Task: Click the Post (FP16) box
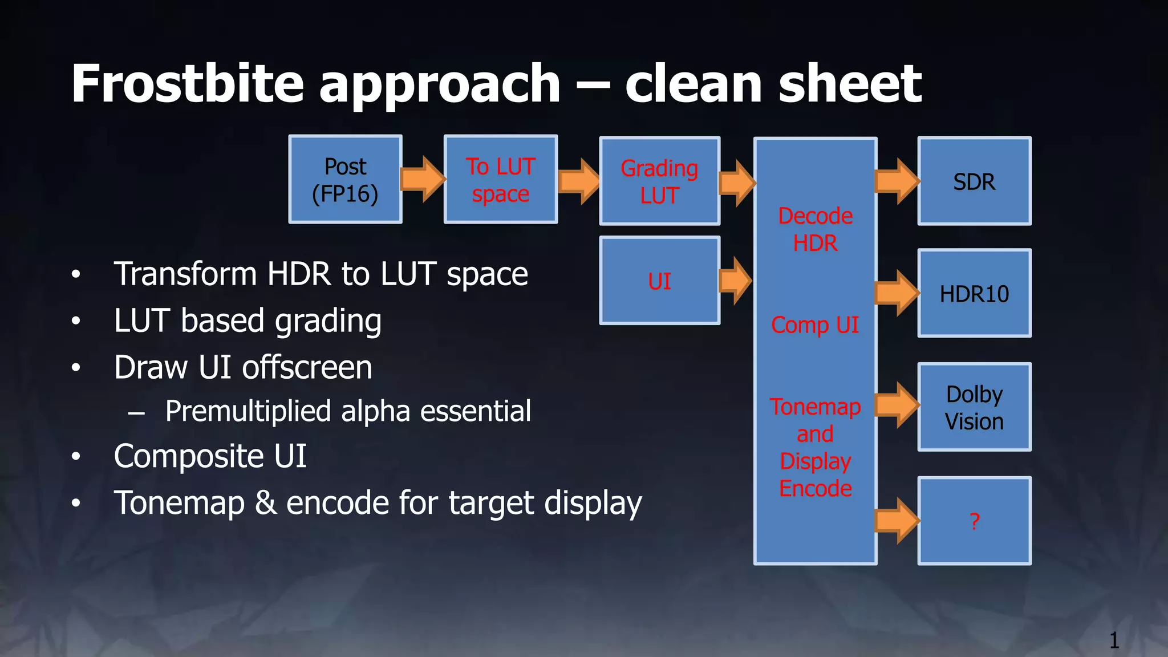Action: click(345, 180)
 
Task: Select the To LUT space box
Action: click(500, 180)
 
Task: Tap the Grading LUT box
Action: click(659, 181)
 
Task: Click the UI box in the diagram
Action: click(659, 281)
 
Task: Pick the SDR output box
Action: click(974, 181)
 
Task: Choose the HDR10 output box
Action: click(974, 294)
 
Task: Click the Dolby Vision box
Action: click(974, 407)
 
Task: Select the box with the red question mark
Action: click(974, 521)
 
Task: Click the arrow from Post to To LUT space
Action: click(423, 179)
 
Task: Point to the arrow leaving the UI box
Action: click(735, 281)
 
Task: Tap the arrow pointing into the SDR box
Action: click(897, 181)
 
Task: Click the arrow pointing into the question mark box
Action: click(897, 520)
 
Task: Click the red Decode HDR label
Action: click(815, 229)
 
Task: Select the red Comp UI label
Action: click(815, 325)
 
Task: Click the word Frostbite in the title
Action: click(188, 84)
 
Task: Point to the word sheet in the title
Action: click(849, 84)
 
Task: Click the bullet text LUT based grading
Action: click(248, 321)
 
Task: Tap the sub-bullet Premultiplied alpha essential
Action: click(348, 411)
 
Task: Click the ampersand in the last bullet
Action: click(265, 503)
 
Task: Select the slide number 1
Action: click(1114, 640)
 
